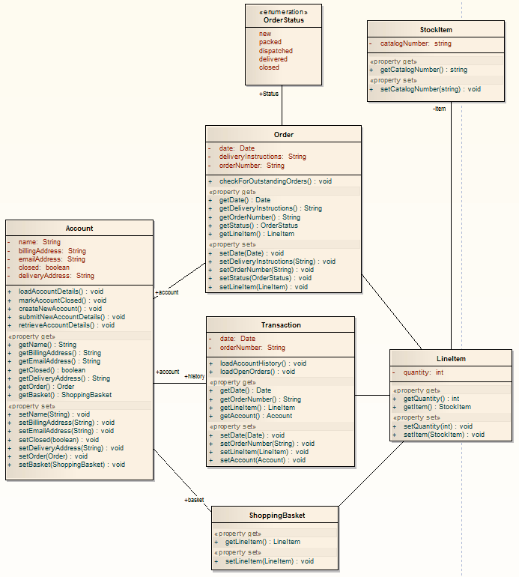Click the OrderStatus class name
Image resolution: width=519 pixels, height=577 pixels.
coord(283,20)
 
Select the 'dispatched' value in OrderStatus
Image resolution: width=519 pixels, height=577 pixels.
coord(276,51)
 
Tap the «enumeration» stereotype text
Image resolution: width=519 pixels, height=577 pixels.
coord(283,12)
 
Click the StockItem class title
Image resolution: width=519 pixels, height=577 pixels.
coord(436,30)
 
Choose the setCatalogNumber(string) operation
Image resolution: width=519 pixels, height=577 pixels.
coord(430,89)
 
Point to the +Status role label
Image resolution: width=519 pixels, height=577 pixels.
coord(268,94)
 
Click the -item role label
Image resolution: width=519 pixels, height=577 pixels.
coord(439,109)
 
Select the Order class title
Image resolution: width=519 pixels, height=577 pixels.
coord(284,135)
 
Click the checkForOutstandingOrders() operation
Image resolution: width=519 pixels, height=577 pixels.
coord(275,181)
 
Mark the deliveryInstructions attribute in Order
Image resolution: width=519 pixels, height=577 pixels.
coord(262,157)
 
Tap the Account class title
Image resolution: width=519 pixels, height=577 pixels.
coord(79,229)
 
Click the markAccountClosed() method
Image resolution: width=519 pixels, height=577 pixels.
coord(61,300)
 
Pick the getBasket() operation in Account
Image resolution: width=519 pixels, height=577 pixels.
coord(64,395)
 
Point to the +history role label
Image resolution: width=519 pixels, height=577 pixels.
coord(195,376)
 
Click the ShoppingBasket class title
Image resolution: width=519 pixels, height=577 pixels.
coord(277,516)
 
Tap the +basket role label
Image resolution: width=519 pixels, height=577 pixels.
coord(194,500)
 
